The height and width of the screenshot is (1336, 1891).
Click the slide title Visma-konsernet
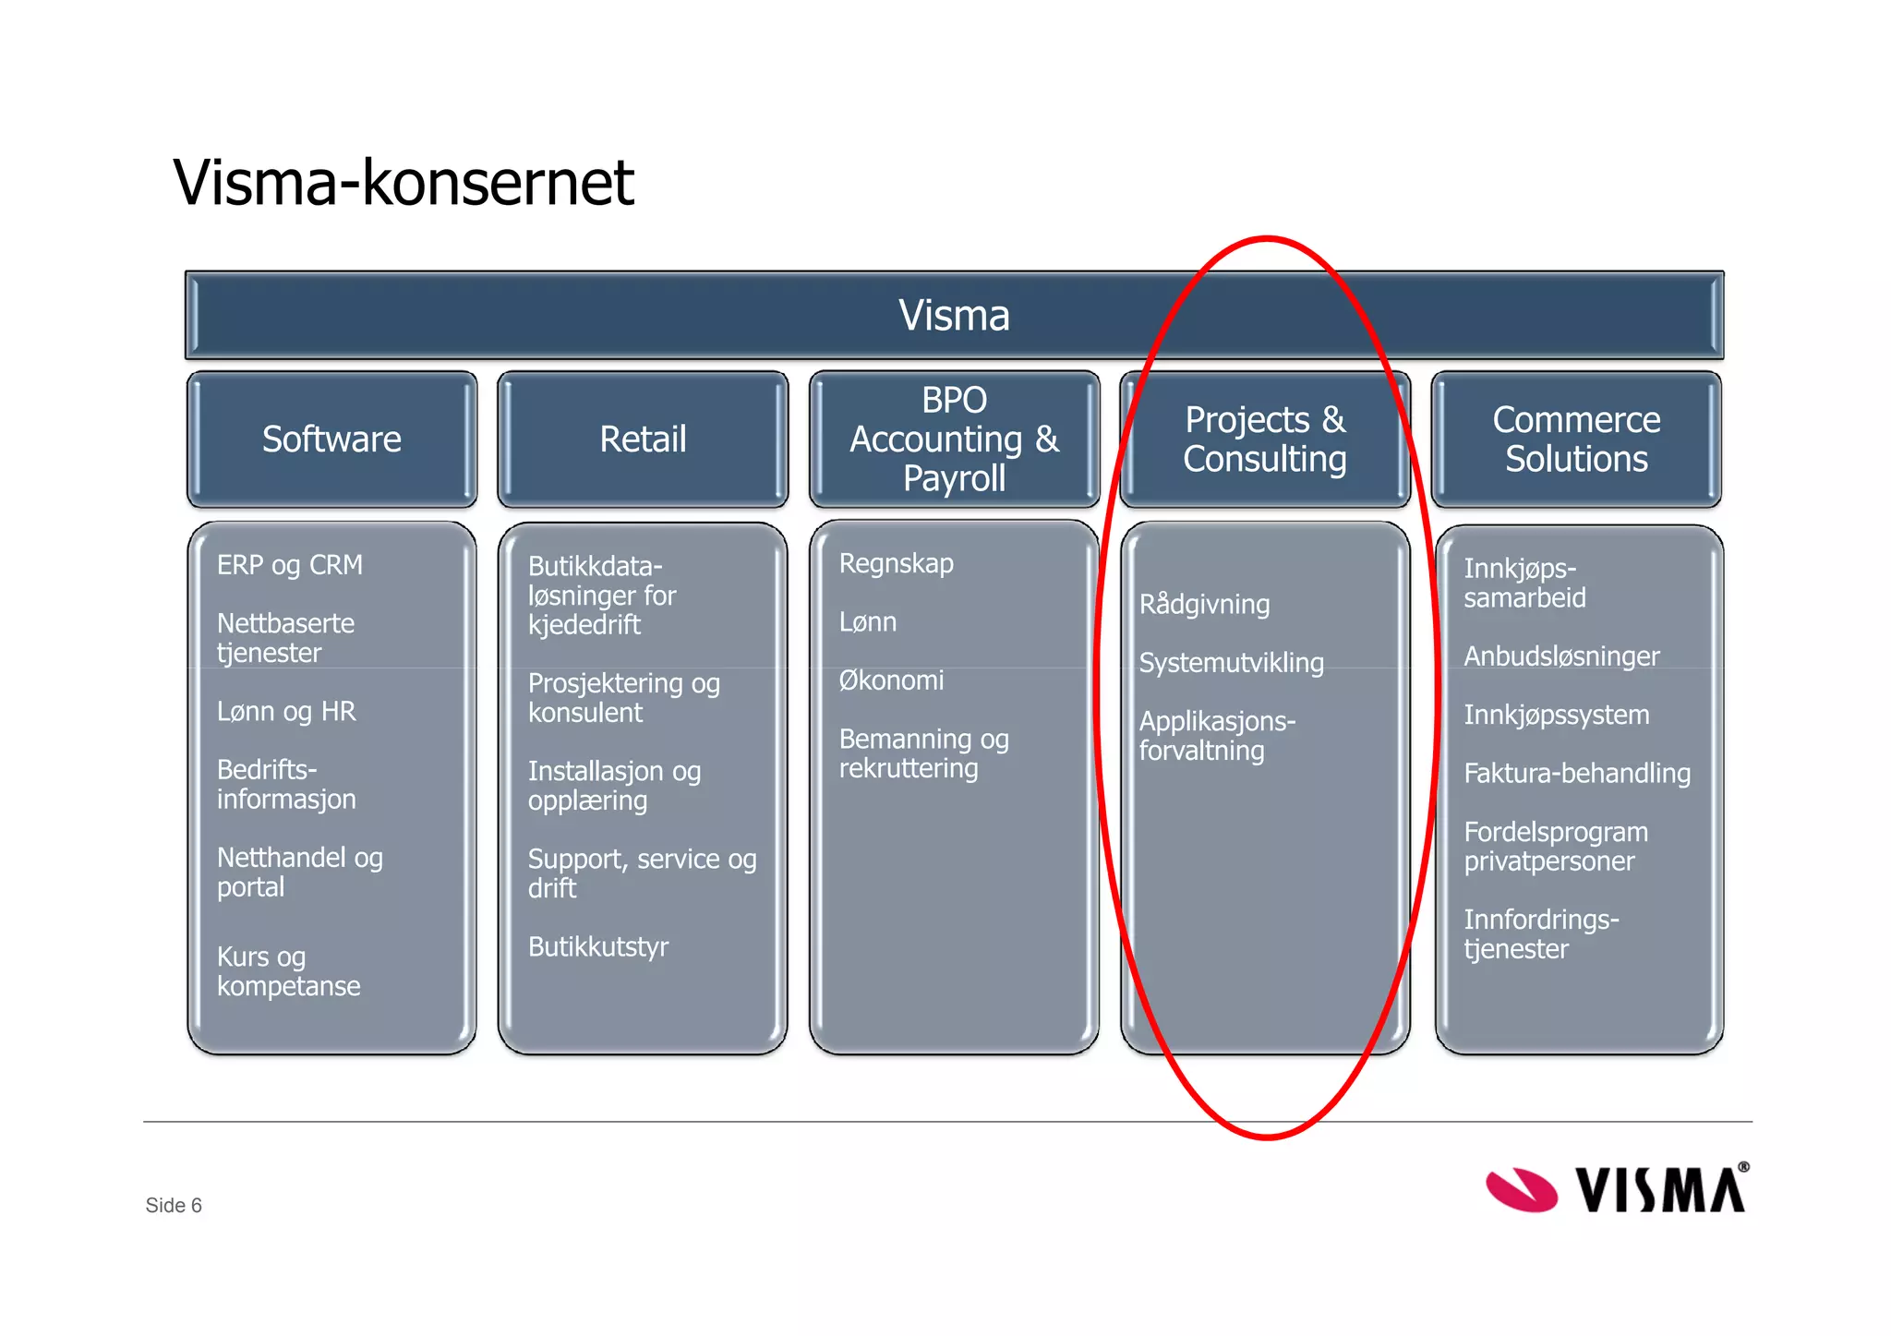tap(403, 182)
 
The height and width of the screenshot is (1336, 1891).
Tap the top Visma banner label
tap(954, 316)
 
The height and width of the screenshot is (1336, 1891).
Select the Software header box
tap(331, 439)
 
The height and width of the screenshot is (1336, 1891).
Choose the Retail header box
tap(643, 439)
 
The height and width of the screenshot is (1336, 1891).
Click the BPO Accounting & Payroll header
tap(954, 439)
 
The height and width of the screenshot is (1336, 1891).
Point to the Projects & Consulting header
tap(1265, 439)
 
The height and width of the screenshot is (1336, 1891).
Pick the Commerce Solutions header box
tap(1576, 439)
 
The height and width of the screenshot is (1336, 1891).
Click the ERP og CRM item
tap(290, 565)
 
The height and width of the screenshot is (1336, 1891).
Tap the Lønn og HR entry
tap(286, 712)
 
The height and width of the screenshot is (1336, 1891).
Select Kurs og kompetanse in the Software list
tap(288, 971)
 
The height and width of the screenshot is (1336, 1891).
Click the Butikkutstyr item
tap(598, 947)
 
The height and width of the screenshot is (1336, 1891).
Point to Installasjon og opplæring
tap(614, 786)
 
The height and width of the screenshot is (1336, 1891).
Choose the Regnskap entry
tap(896, 563)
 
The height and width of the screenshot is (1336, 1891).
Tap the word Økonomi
tap(891, 680)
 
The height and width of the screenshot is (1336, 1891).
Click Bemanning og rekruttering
tap(923, 753)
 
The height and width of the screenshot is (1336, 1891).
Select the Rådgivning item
tap(1204, 605)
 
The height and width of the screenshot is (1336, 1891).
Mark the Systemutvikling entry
tap(1231, 663)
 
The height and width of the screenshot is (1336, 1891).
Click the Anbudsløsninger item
tap(1561, 656)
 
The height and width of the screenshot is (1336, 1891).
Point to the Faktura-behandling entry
tap(1577, 774)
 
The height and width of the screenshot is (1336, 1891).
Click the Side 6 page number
tap(174, 1206)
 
